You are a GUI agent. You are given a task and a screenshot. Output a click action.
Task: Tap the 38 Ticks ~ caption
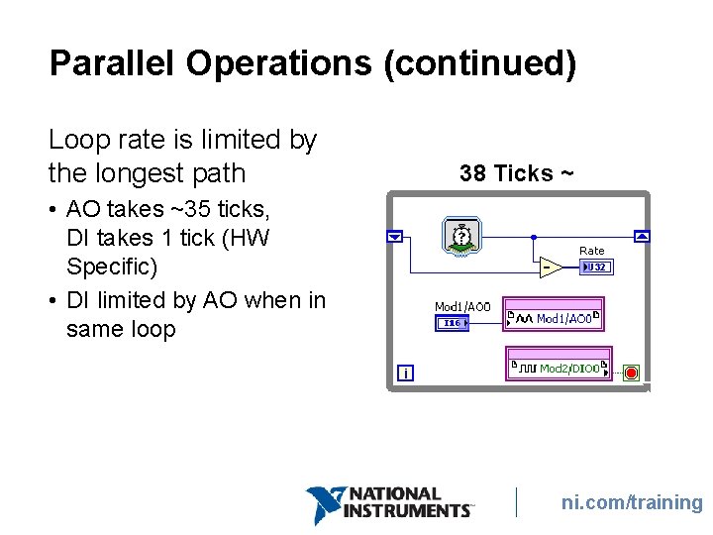[x=516, y=173]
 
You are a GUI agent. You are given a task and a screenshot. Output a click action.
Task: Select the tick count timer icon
[x=459, y=237]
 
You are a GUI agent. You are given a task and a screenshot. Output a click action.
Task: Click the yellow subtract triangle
[x=548, y=267]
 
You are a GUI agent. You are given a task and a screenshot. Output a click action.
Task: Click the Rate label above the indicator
[x=591, y=251]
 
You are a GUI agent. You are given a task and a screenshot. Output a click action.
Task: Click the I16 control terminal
[x=451, y=322]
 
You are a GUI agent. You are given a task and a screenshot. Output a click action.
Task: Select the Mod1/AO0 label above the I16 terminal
[x=462, y=306]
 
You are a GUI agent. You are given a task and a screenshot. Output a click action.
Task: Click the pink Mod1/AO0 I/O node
[x=554, y=319]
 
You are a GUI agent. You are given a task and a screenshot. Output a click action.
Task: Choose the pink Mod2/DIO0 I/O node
[x=559, y=368]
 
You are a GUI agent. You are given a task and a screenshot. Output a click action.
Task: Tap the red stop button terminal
[x=631, y=373]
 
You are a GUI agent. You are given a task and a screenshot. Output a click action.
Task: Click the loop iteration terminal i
[x=405, y=374]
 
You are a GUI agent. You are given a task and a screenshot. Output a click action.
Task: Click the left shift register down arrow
[x=395, y=237]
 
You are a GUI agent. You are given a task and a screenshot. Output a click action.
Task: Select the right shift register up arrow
[x=642, y=237]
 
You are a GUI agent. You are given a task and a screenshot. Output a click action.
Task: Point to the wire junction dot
[x=533, y=237]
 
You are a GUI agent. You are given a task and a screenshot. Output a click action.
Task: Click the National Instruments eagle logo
[x=326, y=504]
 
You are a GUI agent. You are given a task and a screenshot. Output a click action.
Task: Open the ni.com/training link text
[x=631, y=502]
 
